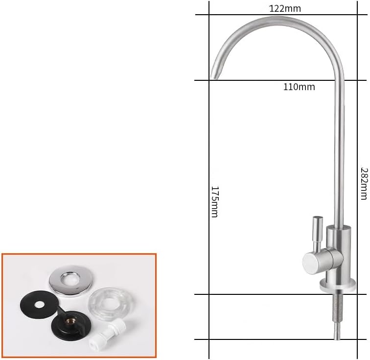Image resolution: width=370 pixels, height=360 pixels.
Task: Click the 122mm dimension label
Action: [285, 9]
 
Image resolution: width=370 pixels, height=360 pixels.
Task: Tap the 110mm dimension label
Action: [299, 87]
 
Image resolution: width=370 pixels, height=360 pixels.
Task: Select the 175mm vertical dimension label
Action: [214, 201]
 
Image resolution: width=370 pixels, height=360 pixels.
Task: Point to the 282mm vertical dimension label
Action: [364, 184]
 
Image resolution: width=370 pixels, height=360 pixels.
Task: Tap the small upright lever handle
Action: [317, 232]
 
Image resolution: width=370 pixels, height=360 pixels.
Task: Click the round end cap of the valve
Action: [310, 263]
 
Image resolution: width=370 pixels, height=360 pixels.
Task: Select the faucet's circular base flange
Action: [337, 285]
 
